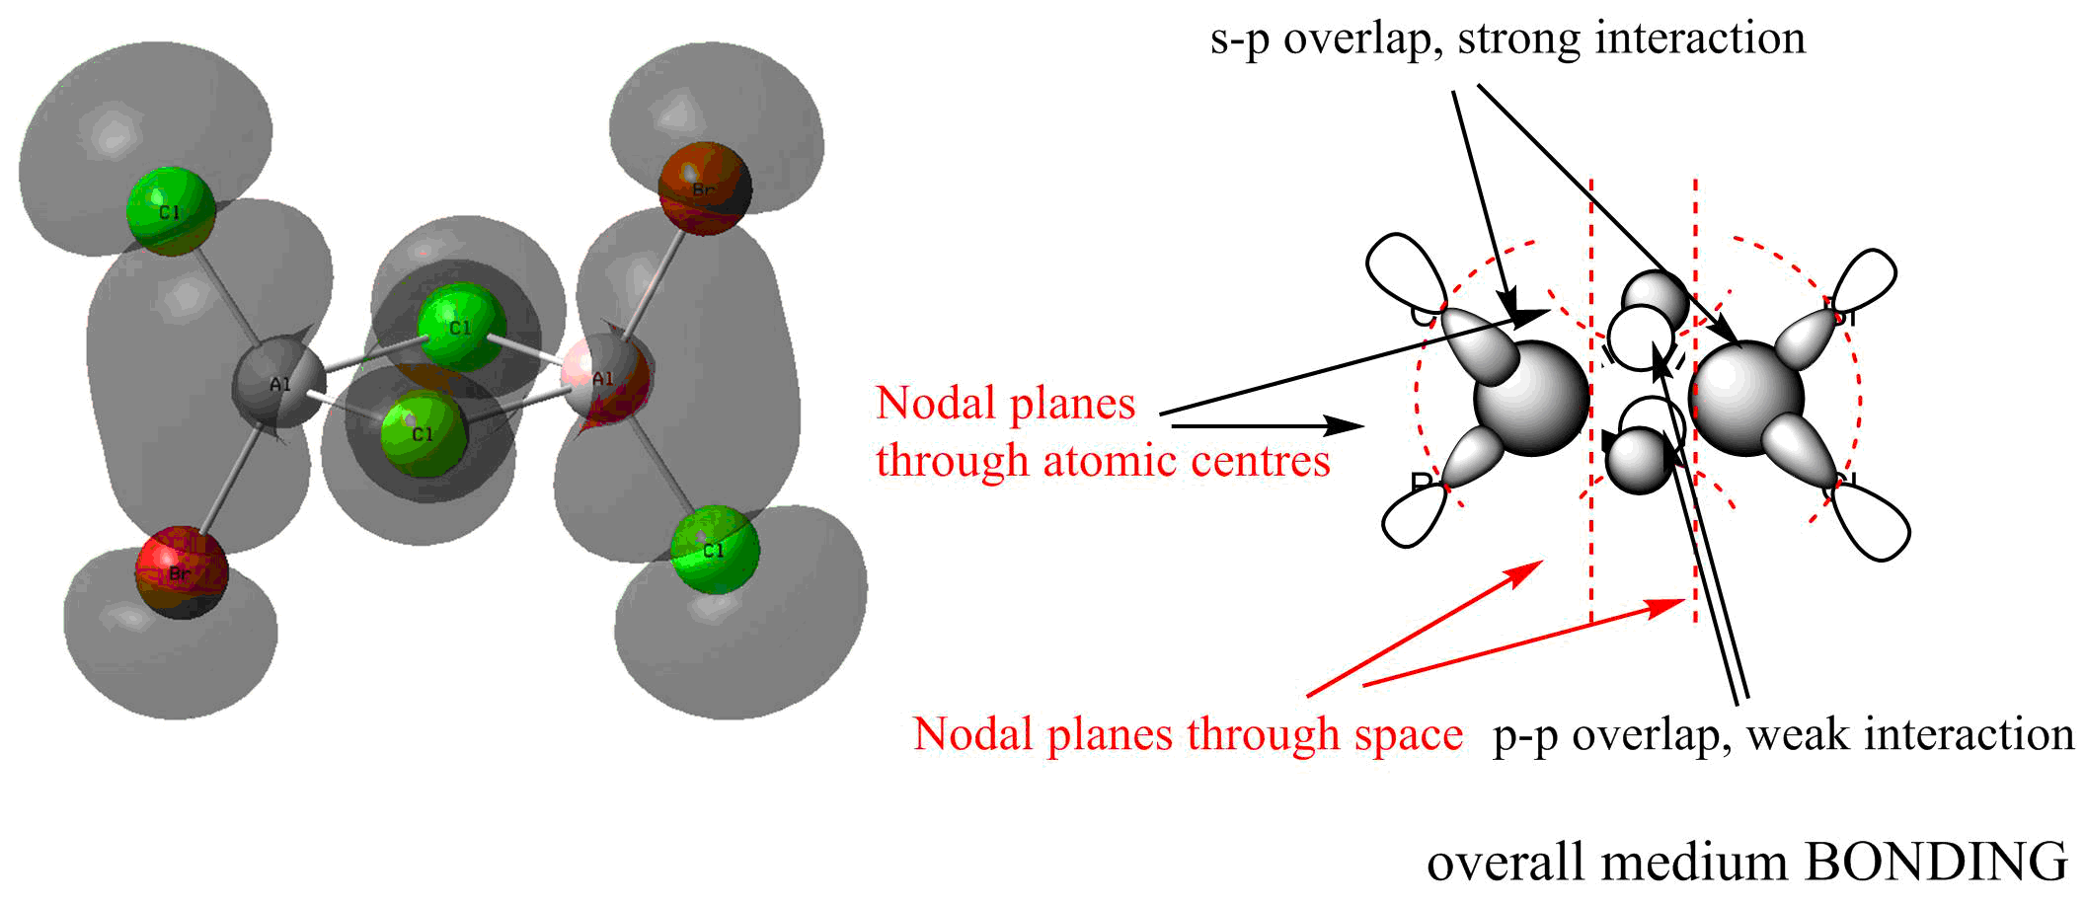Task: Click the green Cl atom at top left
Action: click(x=171, y=211)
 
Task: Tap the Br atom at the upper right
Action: click(x=704, y=189)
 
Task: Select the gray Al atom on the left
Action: click(x=279, y=383)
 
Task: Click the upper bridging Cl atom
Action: click(x=461, y=327)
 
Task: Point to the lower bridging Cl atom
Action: click(x=424, y=433)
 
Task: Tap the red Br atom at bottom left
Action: click(x=182, y=572)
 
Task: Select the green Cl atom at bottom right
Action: click(x=715, y=550)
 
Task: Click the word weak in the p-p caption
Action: click(x=1799, y=734)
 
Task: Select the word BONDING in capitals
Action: click(x=1936, y=862)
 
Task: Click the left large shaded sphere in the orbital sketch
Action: click(x=1531, y=398)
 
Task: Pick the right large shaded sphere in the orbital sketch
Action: click(x=1747, y=398)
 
